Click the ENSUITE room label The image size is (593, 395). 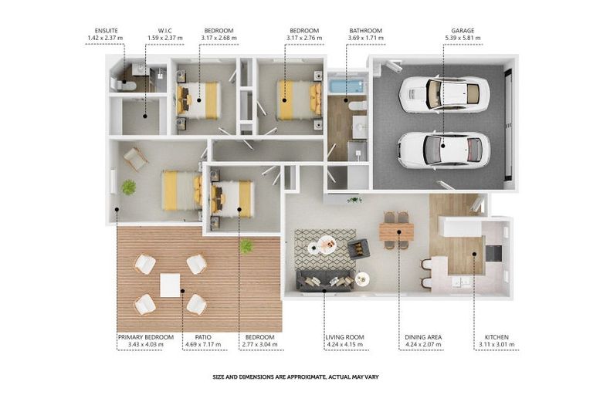(x=107, y=31)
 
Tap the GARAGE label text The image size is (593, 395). (x=463, y=31)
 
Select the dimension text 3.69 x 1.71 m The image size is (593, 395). (x=366, y=38)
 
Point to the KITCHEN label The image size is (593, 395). (x=496, y=337)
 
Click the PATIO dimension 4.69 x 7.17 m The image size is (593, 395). (x=203, y=345)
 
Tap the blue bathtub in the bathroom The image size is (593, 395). (x=347, y=86)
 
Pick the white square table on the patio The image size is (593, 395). (x=170, y=285)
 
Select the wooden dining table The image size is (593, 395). (x=396, y=231)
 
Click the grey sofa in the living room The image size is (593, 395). (x=325, y=281)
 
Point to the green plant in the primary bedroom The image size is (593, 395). (x=129, y=187)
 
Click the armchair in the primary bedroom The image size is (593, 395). (x=135, y=159)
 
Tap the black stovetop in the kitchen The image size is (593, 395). (x=493, y=253)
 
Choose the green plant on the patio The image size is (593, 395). (x=246, y=246)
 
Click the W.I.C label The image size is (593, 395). (x=165, y=31)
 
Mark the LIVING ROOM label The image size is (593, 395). (x=345, y=337)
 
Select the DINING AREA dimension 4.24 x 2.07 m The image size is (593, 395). (x=423, y=345)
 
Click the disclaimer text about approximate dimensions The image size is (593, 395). (x=296, y=376)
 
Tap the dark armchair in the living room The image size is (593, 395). (x=358, y=248)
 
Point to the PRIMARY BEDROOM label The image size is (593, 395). (x=146, y=337)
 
